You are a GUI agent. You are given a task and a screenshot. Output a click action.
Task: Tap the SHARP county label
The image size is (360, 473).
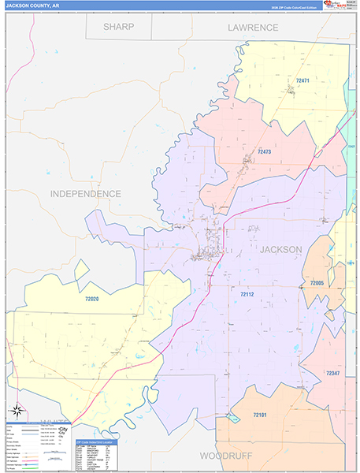[x=118, y=27]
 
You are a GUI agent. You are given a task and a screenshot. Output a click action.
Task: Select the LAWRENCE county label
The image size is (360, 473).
[x=253, y=28]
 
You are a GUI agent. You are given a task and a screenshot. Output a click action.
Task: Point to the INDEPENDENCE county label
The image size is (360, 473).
[x=86, y=193]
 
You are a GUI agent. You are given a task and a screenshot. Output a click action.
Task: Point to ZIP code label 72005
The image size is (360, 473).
[x=317, y=282]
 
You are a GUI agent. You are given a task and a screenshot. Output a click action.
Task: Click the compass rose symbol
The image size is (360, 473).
[x=17, y=410]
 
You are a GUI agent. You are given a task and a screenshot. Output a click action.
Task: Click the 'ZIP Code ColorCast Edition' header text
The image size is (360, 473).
[x=291, y=6]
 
